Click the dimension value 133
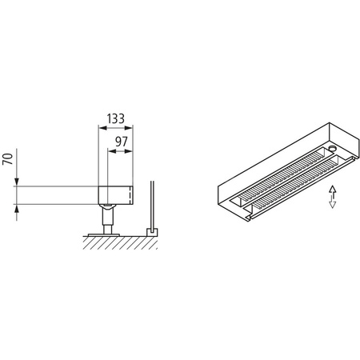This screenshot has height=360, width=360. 116,118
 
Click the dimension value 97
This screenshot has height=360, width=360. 122,141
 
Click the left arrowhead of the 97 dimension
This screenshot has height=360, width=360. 109,150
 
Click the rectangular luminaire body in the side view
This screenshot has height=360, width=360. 115,195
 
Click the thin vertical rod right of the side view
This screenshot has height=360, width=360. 153,204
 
